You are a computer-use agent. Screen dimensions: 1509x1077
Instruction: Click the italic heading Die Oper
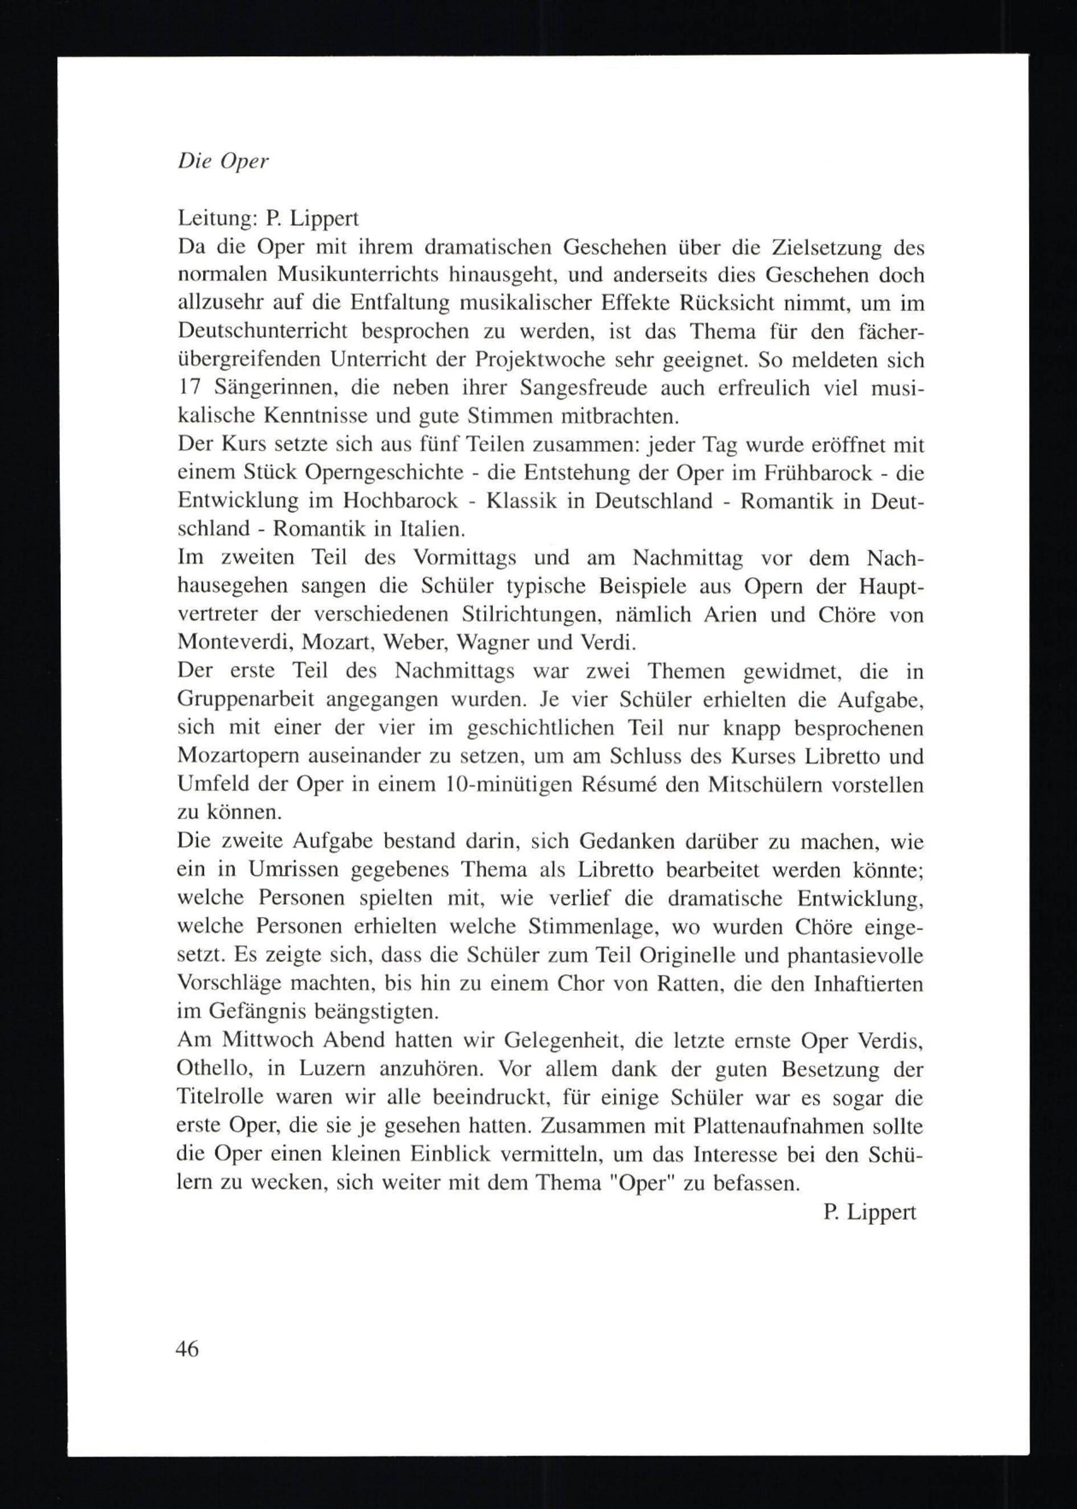(x=223, y=163)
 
